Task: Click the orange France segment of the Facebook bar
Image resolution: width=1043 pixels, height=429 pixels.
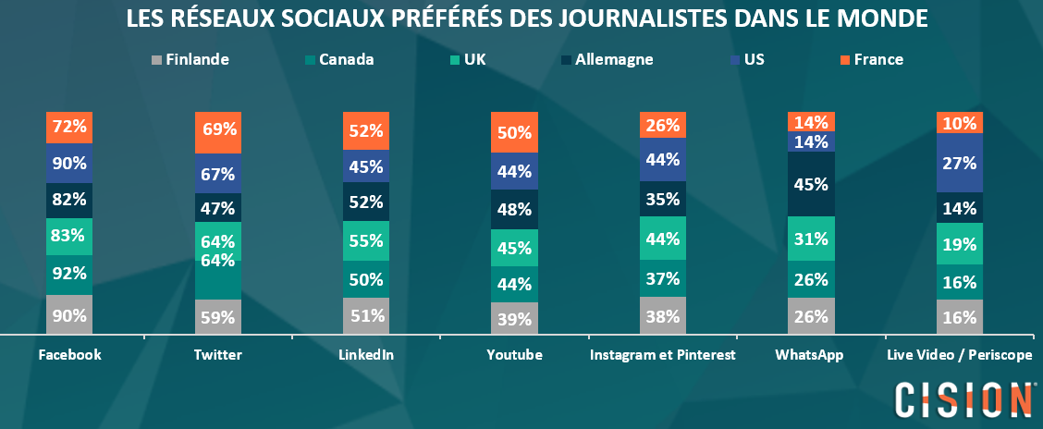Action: click(x=69, y=128)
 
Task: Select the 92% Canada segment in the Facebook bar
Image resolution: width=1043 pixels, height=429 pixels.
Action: click(x=69, y=275)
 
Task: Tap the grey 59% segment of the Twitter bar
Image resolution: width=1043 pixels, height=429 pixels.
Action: click(x=218, y=316)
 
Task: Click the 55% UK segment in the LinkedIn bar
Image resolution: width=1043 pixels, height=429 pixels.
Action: click(x=366, y=240)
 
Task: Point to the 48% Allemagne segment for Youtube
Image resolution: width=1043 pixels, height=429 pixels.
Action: click(x=514, y=210)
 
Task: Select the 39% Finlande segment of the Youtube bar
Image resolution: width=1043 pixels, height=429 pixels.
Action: click(x=514, y=318)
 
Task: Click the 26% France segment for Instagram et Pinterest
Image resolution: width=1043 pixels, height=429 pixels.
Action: click(x=662, y=125)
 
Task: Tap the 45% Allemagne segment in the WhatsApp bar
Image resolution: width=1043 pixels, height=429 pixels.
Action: click(x=811, y=183)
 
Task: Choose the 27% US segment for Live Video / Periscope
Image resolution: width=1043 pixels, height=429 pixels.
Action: click(x=959, y=163)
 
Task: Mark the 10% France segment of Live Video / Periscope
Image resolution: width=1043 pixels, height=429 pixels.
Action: click(x=959, y=122)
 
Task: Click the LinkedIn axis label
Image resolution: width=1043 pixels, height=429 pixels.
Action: click(x=366, y=355)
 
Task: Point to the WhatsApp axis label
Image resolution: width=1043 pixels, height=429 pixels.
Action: click(x=811, y=355)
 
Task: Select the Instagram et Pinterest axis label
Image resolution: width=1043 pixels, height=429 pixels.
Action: click(x=663, y=355)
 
